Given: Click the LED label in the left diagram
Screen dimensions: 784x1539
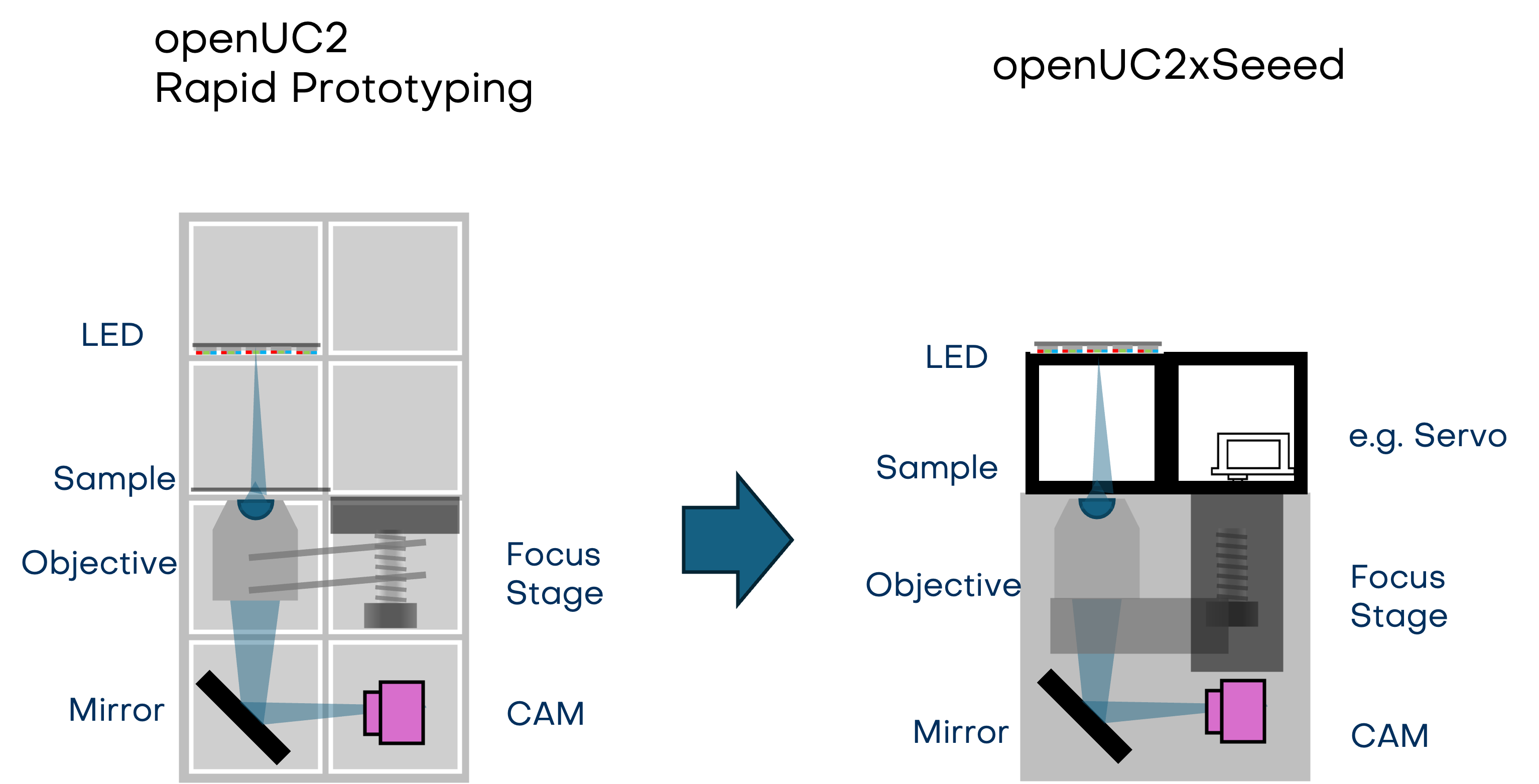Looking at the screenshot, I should (112, 335).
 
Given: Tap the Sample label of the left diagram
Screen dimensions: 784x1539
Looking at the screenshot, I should (114, 479).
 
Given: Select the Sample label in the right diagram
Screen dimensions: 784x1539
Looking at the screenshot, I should (936, 467).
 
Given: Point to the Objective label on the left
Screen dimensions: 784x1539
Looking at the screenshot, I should (99, 563).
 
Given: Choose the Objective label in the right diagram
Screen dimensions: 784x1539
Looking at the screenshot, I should (943, 585).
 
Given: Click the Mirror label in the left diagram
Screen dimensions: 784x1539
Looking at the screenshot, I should (116, 710).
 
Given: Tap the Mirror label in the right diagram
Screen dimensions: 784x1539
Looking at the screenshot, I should (961, 732).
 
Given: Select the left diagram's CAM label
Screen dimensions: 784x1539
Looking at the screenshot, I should (545, 714).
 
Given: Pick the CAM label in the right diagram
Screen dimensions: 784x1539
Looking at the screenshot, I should (1389, 736).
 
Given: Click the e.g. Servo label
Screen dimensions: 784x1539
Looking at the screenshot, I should (1427, 436).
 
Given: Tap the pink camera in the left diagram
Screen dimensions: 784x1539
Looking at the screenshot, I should (395, 712).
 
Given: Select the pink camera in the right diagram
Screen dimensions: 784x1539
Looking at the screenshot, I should (1236, 711).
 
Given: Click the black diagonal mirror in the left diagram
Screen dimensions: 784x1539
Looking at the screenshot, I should (243, 717).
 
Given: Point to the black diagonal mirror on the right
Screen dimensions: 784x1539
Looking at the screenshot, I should (1084, 716).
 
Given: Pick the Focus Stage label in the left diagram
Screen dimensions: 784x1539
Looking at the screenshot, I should (554, 574).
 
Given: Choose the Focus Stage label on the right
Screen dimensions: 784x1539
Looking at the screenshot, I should (1398, 596).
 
